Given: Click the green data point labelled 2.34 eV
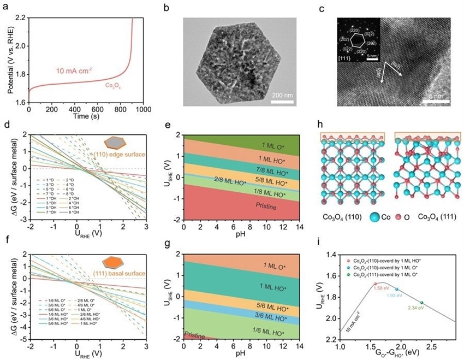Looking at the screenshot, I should [422, 303].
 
